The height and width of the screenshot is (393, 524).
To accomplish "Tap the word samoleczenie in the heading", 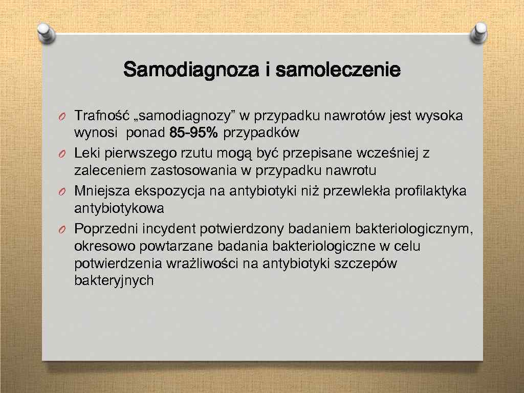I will tap(338, 70).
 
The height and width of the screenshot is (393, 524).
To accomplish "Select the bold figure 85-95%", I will tap(193, 134).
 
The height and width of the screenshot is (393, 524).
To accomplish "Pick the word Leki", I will tap(86, 153).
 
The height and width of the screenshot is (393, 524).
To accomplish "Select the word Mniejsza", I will tap(102, 191).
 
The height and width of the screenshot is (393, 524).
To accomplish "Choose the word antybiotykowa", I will tap(119, 208).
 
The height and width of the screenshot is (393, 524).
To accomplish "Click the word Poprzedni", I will tap(106, 228).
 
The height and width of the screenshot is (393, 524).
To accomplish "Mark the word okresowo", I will tap(102, 246).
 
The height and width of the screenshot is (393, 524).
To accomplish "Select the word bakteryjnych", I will tap(114, 280).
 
